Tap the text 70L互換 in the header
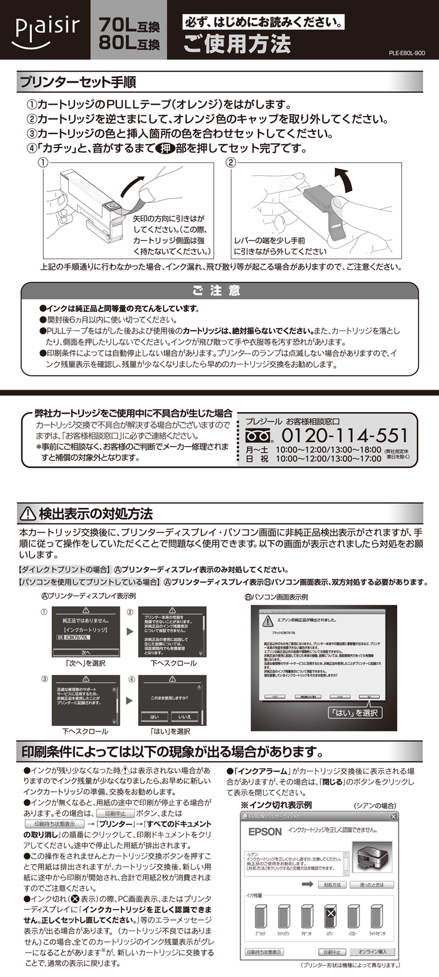[130, 25]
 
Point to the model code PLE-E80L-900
[407, 53]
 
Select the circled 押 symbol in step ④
[164, 148]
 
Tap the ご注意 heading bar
[219, 290]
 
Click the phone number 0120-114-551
[345, 436]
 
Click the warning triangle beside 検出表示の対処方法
[27, 513]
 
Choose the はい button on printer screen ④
[154, 716]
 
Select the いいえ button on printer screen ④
[184, 716]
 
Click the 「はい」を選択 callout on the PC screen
[354, 712]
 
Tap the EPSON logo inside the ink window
[265, 832]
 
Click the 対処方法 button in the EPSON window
[332, 884]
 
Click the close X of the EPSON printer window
[393, 816]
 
